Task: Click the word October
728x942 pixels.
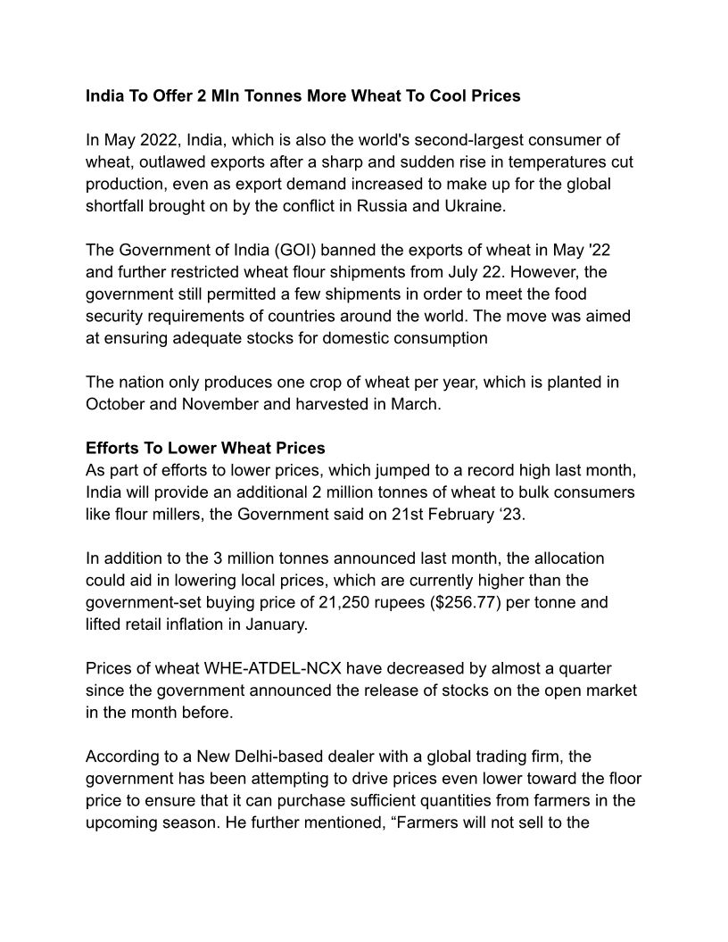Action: (x=115, y=404)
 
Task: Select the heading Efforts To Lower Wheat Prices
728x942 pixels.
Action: (x=205, y=448)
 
